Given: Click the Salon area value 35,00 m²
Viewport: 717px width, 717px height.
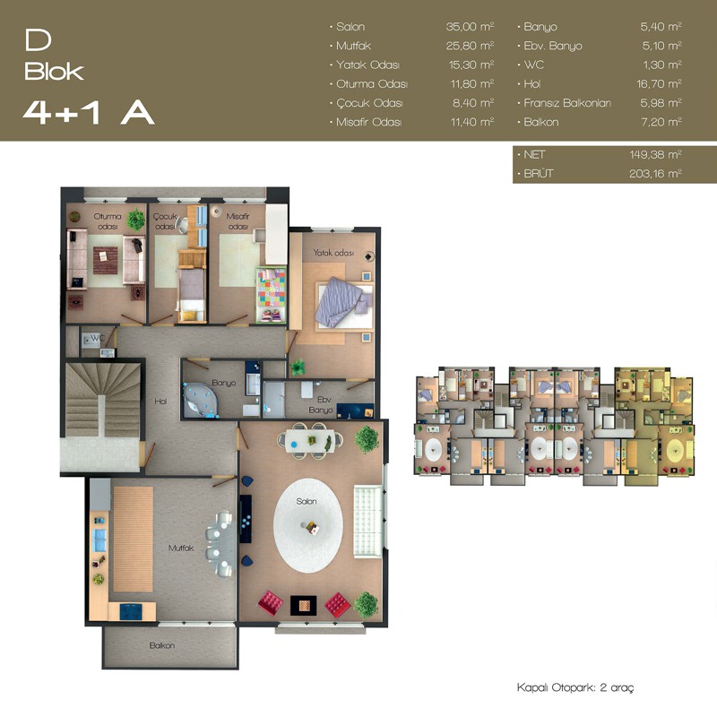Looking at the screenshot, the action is pos(470,27).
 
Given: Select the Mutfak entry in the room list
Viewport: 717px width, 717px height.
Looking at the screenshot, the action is pos(353,46).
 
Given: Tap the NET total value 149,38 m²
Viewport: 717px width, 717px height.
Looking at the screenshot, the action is pos(655,154).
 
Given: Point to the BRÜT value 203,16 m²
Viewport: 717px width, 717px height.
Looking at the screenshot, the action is pos(655,174).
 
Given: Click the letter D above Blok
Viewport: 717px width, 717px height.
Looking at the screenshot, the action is pos(38,40).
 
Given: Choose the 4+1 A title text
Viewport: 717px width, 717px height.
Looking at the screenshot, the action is pos(89,113).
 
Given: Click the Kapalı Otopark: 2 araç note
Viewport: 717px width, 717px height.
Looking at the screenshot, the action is pos(575,687).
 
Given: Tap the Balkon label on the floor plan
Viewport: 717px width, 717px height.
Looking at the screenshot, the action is pos(162,645).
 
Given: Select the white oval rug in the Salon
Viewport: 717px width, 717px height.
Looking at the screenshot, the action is pos(308,526).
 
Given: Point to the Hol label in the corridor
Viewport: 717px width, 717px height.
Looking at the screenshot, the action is pos(160,402).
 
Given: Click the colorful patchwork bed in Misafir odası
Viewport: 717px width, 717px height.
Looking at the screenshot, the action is pos(272,295).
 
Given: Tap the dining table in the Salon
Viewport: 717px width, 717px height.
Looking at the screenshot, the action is pos(310,441).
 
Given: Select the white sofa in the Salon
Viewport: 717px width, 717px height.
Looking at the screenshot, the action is pos(367,522).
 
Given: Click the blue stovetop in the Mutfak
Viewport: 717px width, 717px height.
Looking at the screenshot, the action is pos(131,611).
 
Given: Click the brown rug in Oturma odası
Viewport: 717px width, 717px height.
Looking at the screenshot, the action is pos(106,260).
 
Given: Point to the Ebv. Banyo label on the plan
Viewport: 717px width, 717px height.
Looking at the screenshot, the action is pos(321,405).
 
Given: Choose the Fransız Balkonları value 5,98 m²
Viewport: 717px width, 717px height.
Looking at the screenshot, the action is pos(661,103).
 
